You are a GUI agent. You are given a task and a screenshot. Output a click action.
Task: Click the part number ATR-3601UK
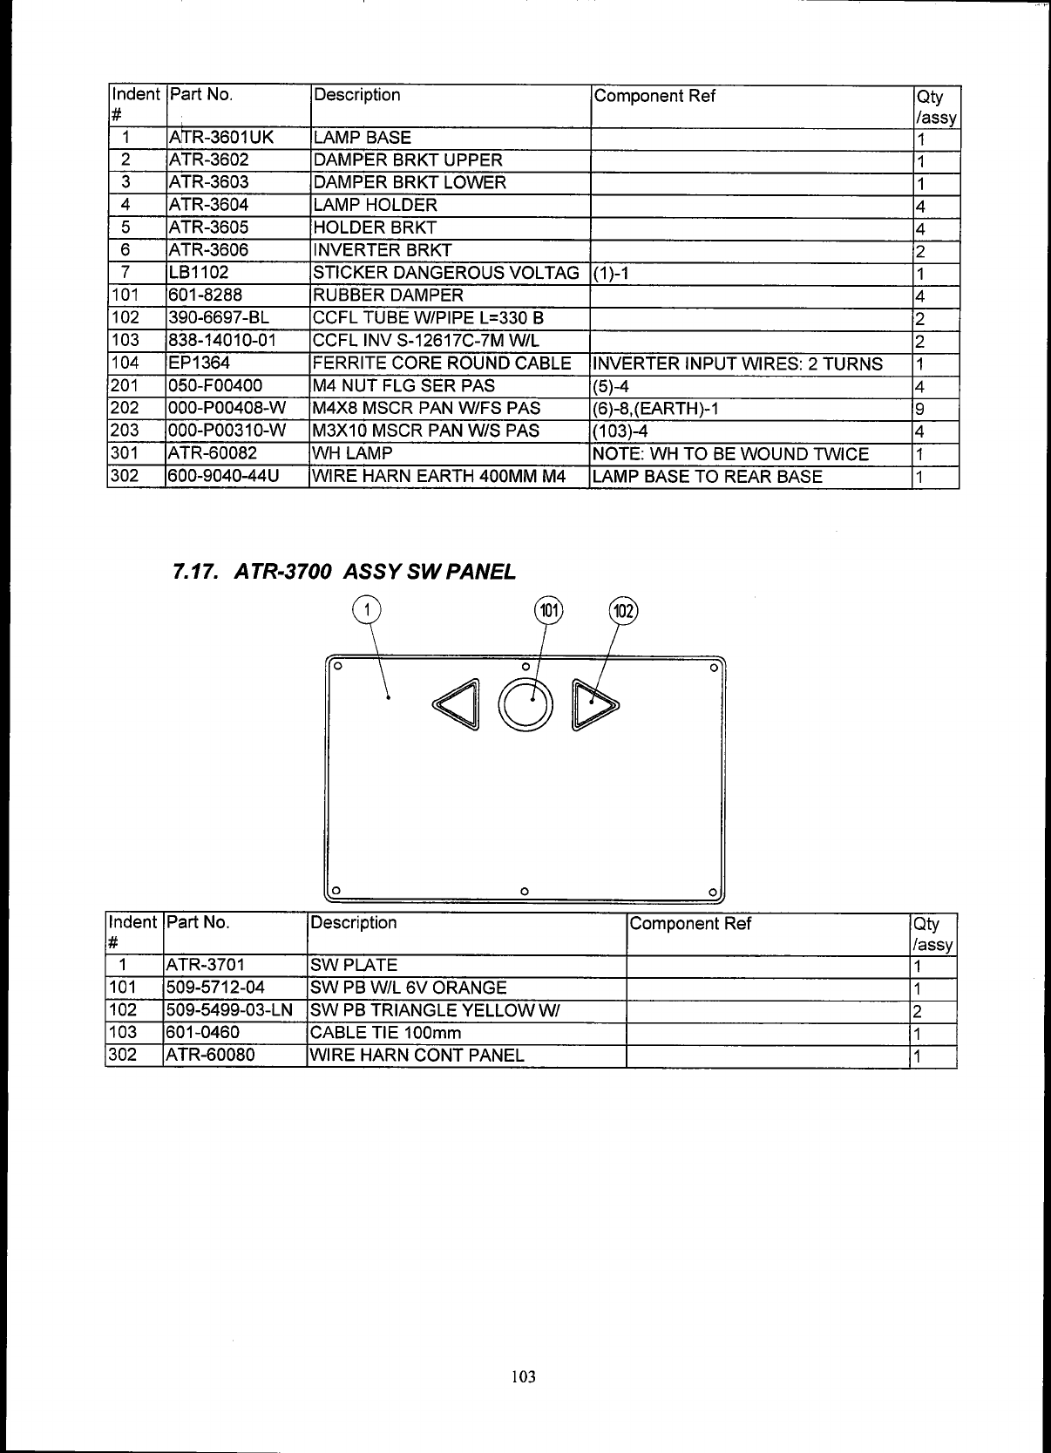pyautogui.click(x=220, y=138)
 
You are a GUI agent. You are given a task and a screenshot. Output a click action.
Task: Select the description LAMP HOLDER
pyautogui.click(x=375, y=205)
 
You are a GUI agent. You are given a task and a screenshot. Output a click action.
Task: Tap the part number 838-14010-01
pyautogui.click(x=220, y=341)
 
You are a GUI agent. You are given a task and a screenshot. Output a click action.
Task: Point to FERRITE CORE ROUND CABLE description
pyautogui.click(x=442, y=363)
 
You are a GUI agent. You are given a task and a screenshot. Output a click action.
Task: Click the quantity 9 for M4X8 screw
pyautogui.click(x=919, y=409)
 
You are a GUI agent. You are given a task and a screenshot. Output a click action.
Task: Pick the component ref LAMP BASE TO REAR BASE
pyautogui.click(x=707, y=477)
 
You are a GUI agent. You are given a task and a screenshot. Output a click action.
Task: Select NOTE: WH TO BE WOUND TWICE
pyautogui.click(x=730, y=454)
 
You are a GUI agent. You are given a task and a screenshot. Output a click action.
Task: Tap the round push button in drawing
pyautogui.click(x=525, y=706)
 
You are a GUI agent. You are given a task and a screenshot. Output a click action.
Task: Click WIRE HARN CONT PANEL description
pyautogui.click(x=417, y=1056)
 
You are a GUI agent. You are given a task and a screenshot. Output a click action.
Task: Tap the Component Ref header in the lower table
pyautogui.click(x=690, y=924)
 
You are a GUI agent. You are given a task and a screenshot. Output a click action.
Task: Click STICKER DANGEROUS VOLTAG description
pyautogui.click(x=445, y=273)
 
